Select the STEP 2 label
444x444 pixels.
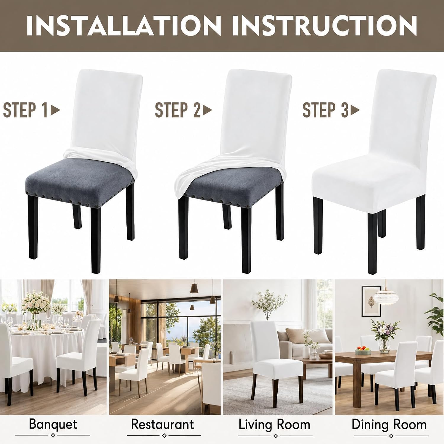pyautogui.click(x=178, y=110)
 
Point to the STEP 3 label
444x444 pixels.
pyautogui.click(x=325, y=110)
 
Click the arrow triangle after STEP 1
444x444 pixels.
pyautogui.click(x=56, y=110)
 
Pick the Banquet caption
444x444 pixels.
pyautogui.click(x=53, y=424)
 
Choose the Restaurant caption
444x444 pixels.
pyautogui.click(x=163, y=424)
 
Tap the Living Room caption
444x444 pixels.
pyautogui.click(x=274, y=425)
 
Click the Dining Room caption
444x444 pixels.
pyautogui.click(x=389, y=425)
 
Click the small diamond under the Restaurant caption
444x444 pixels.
pyautogui.click(x=164, y=436)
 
